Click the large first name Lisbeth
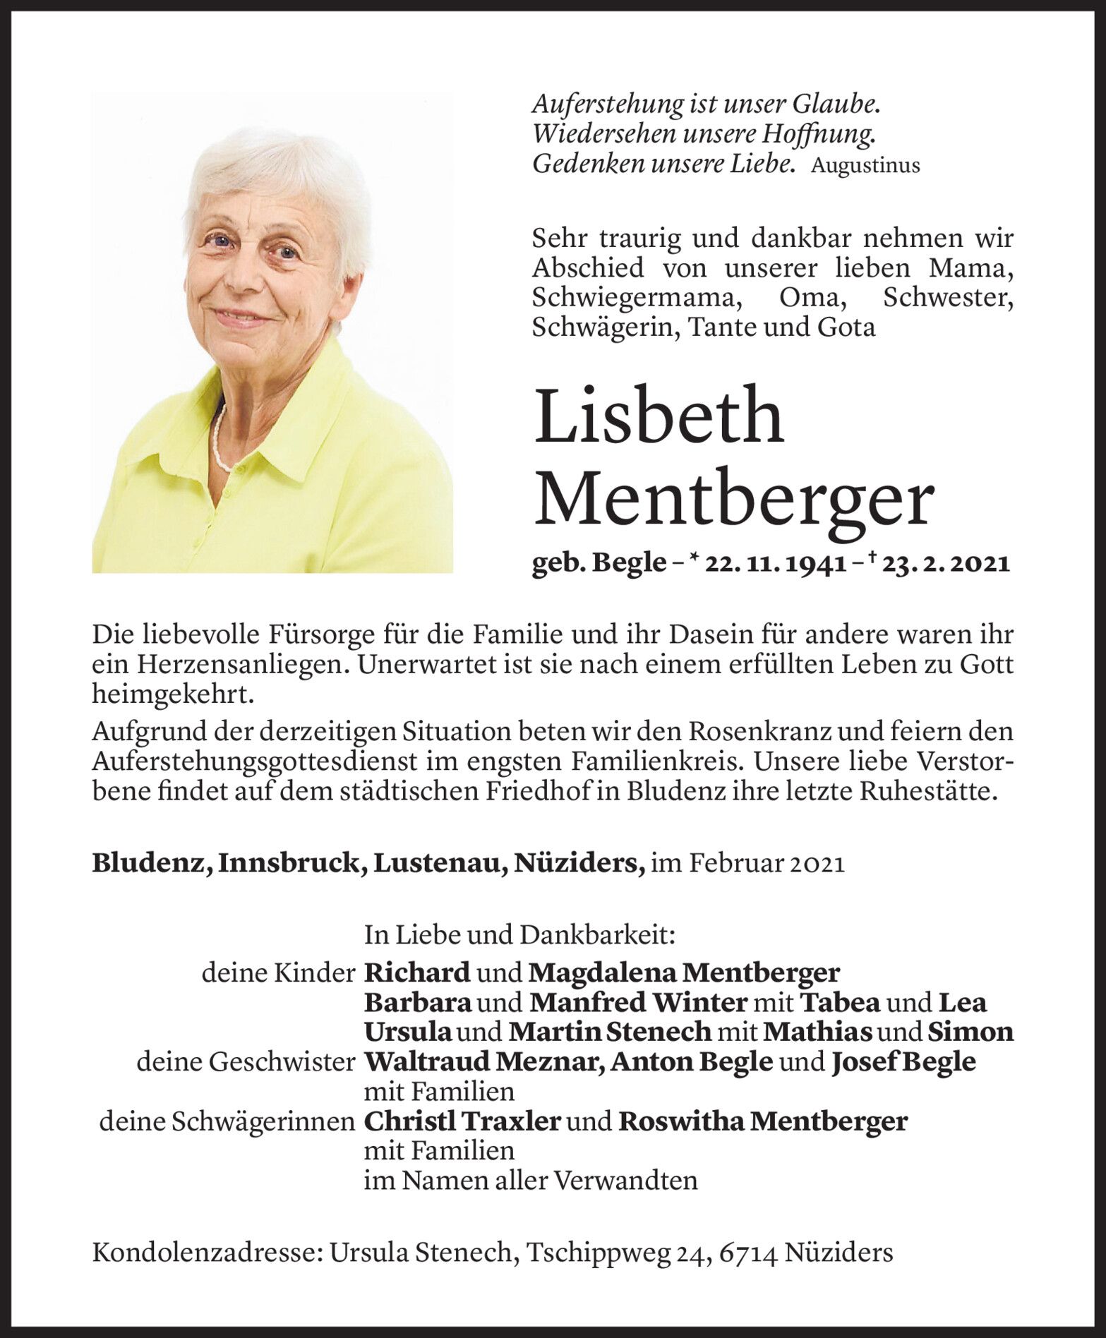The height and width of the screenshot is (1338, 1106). tap(659, 416)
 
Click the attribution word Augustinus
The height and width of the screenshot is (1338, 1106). tap(865, 166)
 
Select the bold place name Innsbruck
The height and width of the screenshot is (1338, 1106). tap(291, 863)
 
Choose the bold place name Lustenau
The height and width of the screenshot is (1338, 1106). tap(438, 863)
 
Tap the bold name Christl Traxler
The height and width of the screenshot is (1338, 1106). tap(462, 1121)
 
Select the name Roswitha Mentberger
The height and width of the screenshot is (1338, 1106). tap(762, 1121)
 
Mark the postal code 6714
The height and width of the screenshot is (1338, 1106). tap(748, 1252)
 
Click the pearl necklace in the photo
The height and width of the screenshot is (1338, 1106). tap(220, 441)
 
